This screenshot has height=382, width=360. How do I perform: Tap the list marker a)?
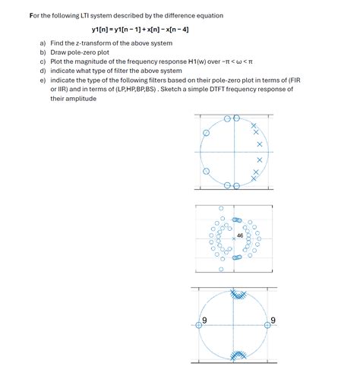tap(43, 44)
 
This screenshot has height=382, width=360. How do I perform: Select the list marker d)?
tap(43, 71)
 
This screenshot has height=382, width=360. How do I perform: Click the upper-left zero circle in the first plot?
tap(205, 133)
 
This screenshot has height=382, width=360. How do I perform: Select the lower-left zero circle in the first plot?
tap(205, 170)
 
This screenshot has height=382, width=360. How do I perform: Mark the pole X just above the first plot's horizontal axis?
tap(259, 144)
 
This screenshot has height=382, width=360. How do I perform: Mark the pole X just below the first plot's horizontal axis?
tap(259, 160)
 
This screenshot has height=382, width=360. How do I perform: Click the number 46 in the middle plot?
tap(241, 235)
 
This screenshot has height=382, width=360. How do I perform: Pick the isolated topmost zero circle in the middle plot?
tap(221, 207)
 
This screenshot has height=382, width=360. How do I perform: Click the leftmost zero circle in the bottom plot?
tap(200, 324)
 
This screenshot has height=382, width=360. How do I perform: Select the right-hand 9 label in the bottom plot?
tap(273, 318)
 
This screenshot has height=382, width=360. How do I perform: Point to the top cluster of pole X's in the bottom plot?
tap(237, 295)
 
